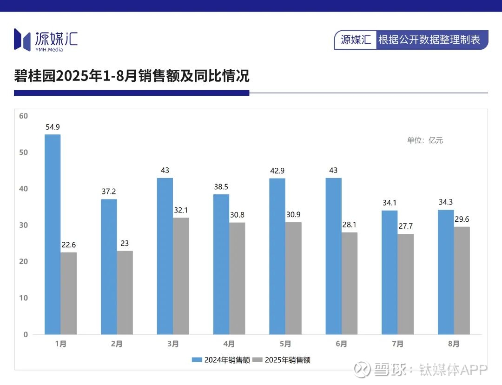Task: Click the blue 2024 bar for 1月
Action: pyautogui.click(x=53, y=234)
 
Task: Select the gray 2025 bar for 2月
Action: pyautogui.click(x=125, y=292)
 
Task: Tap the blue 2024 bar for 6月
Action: pyautogui.click(x=333, y=256)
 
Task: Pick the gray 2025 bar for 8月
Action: pyautogui.click(x=462, y=280)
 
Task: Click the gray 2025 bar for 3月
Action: pyautogui.click(x=181, y=276)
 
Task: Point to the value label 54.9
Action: pyautogui.click(x=53, y=127)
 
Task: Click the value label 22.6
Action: pyautogui.click(x=68, y=245)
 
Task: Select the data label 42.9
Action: pyautogui.click(x=277, y=171)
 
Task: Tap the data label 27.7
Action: pyautogui.click(x=405, y=226)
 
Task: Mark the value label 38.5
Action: pyautogui.click(x=221, y=186)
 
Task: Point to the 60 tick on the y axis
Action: pyautogui.click(x=24, y=116)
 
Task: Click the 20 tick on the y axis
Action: pyautogui.click(x=24, y=262)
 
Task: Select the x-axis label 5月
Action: pyautogui.click(x=285, y=344)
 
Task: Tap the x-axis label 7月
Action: pyautogui.click(x=397, y=344)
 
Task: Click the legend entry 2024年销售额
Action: pyautogui.click(x=222, y=360)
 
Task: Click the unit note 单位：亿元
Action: pyautogui.click(x=425, y=140)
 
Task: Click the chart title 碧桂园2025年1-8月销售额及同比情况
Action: pyautogui.click(x=132, y=76)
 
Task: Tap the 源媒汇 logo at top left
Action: pyautogui.click(x=46, y=40)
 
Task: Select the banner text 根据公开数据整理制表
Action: pyautogui.click(x=429, y=40)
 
